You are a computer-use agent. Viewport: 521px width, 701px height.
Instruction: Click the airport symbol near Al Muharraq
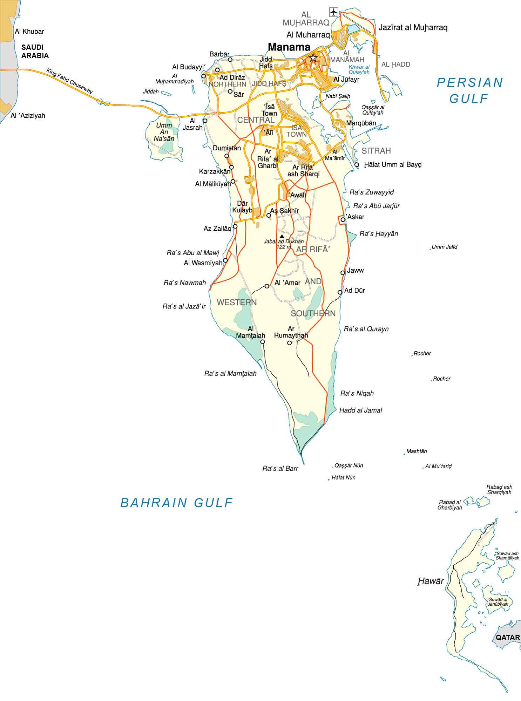[333, 12]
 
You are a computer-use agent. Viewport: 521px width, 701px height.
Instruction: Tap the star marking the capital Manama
[313, 58]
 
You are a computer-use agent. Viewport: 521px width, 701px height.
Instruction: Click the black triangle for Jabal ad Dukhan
[282, 236]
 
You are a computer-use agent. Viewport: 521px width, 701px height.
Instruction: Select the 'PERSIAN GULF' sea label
[469, 90]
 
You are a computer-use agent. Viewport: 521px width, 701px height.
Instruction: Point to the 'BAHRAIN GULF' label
[177, 503]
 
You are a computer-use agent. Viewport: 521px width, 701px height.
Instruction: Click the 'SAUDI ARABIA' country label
[35, 51]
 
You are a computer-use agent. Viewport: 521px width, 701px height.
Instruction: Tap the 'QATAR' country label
[507, 637]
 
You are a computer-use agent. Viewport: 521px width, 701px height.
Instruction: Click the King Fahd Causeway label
[70, 81]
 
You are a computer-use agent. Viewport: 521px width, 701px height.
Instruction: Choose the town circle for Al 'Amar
[267, 286]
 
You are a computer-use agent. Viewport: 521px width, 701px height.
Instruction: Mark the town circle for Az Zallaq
[235, 226]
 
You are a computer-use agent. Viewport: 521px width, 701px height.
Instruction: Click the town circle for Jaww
[343, 273]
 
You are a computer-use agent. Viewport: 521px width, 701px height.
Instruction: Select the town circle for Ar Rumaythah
[289, 343]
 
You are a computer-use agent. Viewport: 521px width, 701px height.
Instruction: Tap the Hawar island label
[431, 581]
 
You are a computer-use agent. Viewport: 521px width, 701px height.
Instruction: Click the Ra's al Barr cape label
[280, 468]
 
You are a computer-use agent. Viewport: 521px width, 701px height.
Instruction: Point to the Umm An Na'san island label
[164, 132]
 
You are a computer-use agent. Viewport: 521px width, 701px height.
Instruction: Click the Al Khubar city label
[29, 32]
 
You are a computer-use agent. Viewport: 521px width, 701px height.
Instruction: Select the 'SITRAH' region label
[376, 151]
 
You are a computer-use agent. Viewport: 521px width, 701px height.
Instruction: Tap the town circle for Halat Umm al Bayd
[357, 164]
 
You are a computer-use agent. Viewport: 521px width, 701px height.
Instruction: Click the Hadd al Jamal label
[360, 410]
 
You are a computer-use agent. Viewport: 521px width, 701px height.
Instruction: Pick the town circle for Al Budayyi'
[203, 76]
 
